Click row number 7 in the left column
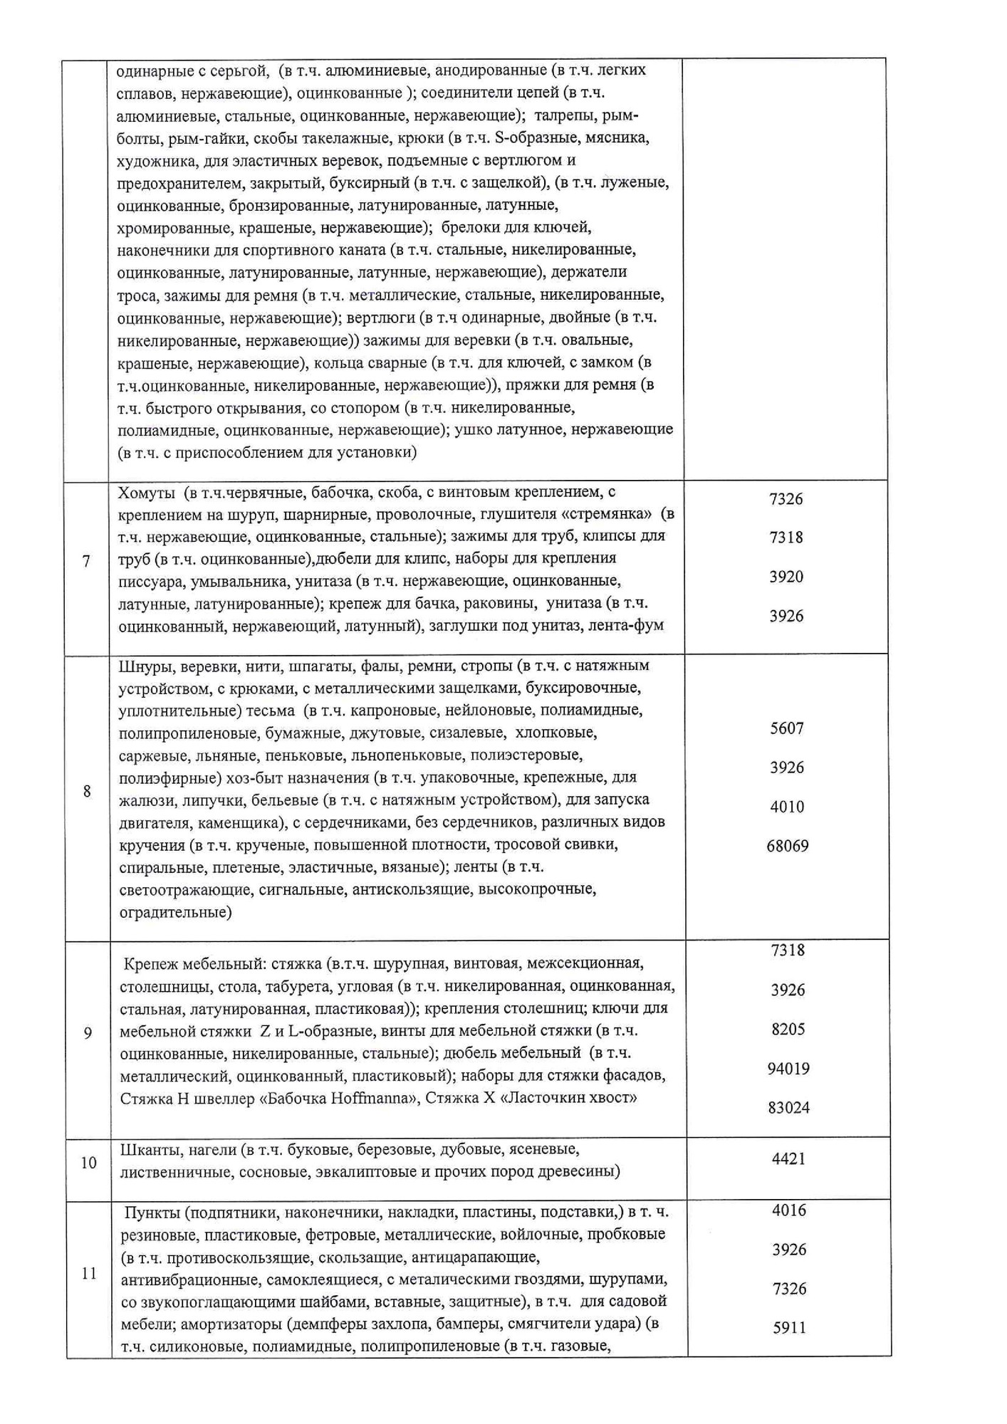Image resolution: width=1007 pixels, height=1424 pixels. pos(86,561)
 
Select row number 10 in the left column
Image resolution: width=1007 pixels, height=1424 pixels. pos(88,1163)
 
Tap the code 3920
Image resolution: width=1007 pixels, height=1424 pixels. pos(786,577)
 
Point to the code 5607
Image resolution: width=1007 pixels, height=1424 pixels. pos(786,728)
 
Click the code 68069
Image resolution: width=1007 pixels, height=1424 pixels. pos(787,846)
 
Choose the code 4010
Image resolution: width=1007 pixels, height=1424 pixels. pos(787,807)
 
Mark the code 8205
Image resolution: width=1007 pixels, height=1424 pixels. pos(788,1029)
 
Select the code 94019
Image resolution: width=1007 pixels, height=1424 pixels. pos(788,1068)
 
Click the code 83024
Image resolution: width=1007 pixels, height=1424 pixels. pos(788,1107)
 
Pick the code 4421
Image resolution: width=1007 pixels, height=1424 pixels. pos(788,1158)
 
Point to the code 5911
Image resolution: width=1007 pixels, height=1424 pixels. pos(789,1327)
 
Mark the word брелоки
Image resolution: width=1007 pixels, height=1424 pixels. pos(470,228)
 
